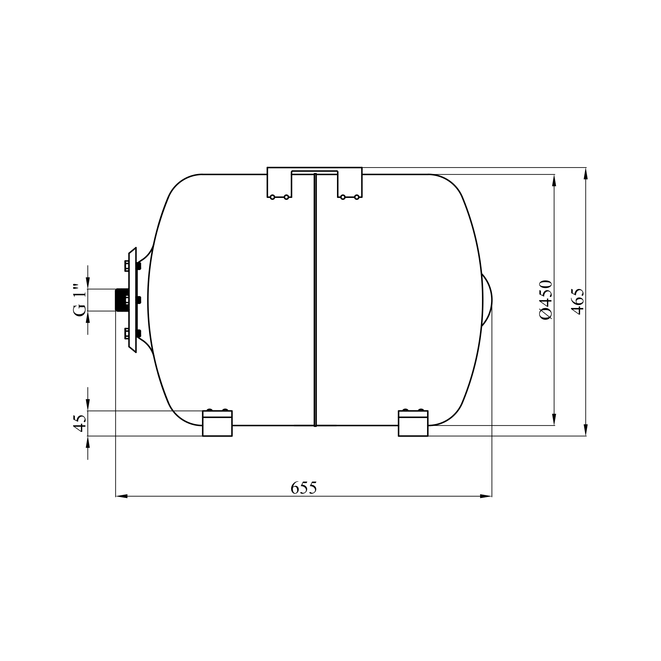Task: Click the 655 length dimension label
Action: [x=303, y=488]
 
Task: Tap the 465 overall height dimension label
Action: [x=578, y=302]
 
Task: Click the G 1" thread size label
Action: [x=79, y=300]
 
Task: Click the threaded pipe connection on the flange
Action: [x=122, y=300]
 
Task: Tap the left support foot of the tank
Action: [x=217, y=423]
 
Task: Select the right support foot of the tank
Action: [x=413, y=423]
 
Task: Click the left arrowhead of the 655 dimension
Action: [x=122, y=496]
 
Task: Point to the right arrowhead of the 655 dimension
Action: [x=486, y=496]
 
